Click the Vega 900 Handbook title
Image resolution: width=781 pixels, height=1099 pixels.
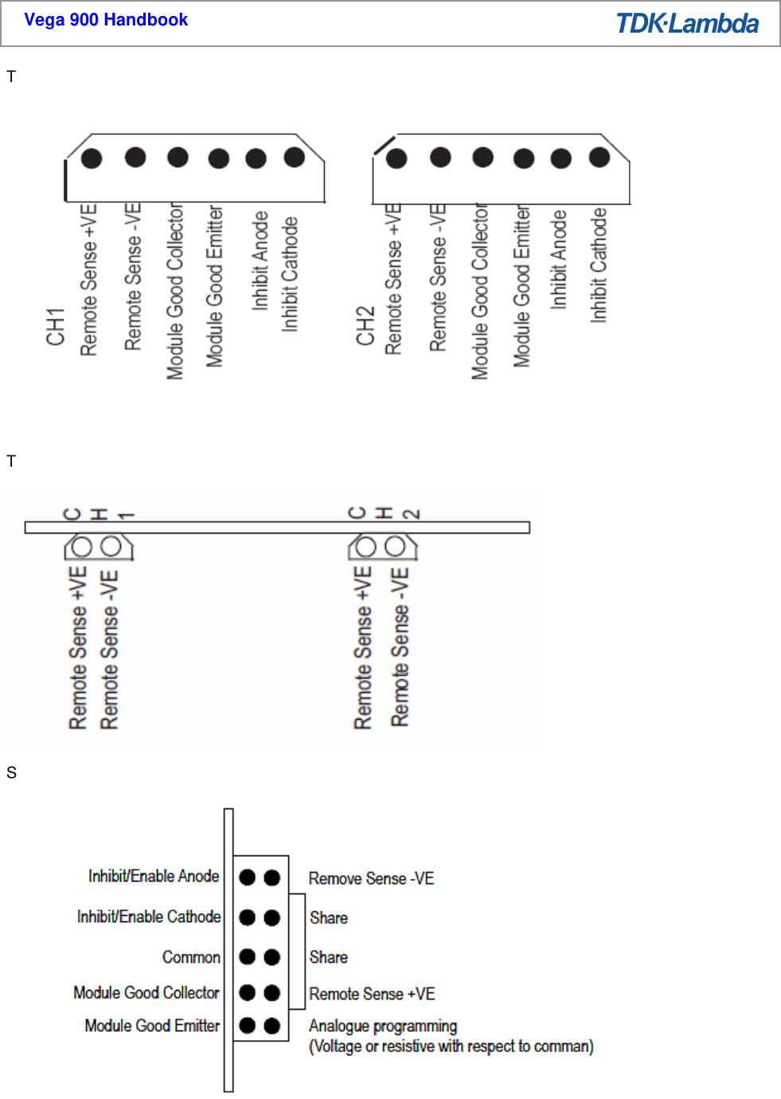pos(106,20)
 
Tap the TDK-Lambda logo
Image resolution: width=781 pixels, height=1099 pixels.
pos(687,24)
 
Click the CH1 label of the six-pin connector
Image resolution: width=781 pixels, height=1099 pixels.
pos(55,327)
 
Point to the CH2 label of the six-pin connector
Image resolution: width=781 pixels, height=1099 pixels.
pos(365,326)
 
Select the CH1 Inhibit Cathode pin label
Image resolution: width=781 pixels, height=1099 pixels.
pos(290,274)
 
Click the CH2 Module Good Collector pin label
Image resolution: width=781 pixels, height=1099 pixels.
pos(479,291)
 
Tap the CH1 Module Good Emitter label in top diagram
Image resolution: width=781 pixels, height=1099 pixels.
pos(214,286)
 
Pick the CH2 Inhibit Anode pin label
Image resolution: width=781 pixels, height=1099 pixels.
pos(559,260)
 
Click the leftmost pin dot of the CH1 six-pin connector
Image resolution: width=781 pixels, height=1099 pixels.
pos(92,158)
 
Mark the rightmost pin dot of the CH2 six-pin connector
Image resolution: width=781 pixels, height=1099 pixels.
pos(599,158)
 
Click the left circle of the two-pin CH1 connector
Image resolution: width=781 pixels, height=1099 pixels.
pos(81,546)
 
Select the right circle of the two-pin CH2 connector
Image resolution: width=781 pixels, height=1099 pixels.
pos(396,546)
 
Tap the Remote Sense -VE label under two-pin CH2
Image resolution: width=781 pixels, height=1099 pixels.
pos(400,647)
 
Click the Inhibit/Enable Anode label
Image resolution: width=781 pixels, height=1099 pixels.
pos(154,876)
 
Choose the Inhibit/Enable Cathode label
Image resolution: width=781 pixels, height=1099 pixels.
pos(149,917)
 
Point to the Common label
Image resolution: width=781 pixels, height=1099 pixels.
pos(191,957)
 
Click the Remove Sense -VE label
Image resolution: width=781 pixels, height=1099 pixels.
pos(371,878)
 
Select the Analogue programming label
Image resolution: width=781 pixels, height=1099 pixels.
pos(383,1026)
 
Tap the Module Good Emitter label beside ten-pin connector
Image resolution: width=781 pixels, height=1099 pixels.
pos(152,1026)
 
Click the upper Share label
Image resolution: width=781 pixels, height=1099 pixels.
pos(329,917)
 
